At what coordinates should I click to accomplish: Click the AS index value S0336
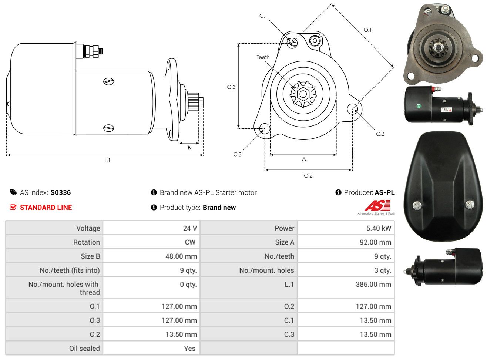coord(60,192)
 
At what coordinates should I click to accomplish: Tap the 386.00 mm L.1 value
coord(373,284)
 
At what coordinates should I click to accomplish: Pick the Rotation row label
coord(87,242)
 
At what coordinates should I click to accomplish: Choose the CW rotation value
coord(190,242)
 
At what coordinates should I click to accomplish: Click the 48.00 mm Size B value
coord(181,256)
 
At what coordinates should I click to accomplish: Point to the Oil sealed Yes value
coord(190,349)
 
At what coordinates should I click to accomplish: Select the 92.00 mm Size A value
coord(375,242)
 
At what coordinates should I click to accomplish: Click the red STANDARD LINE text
coord(46,208)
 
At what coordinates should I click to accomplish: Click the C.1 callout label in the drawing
coord(263,16)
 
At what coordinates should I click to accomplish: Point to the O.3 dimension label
coord(231,87)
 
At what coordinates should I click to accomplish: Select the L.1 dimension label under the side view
coord(107,161)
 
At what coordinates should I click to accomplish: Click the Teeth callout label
coord(263,57)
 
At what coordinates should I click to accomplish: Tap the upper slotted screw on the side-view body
coord(108,81)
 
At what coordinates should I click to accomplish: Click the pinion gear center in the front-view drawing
coord(303,94)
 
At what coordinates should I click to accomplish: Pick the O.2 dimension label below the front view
coord(308,176)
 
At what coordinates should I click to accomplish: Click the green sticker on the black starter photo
coord(419,106)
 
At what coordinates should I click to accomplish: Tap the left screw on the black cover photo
coord(417,206)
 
